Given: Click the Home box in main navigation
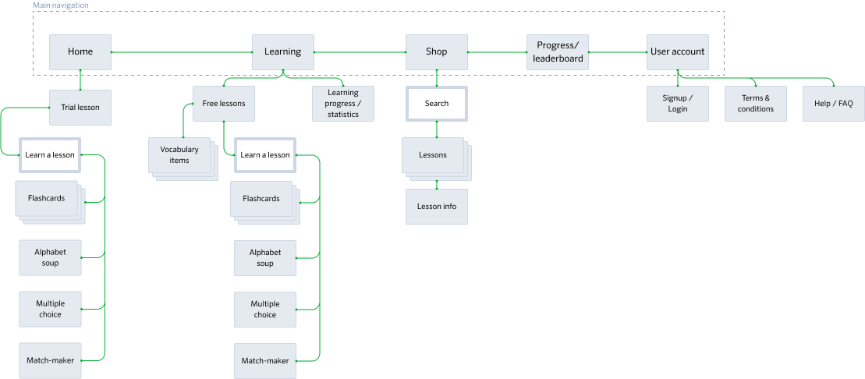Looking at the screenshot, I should [80, 52].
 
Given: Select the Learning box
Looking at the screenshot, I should [282, 52].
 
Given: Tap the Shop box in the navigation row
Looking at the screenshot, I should [436, 52].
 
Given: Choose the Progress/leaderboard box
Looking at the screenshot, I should [557, 52].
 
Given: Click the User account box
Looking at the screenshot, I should [677, 52].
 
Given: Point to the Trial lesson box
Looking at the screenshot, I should [80, 108].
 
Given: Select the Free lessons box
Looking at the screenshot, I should [224, 103].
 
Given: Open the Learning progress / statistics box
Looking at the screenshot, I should [343, 104].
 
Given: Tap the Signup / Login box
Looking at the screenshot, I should [678, 104].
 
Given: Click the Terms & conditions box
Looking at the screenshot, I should [756, 104].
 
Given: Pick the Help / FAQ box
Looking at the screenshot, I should [834, 104].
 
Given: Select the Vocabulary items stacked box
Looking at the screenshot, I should [179, 154].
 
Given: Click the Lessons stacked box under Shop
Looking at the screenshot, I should [433, 155].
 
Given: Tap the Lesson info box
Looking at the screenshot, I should [437, 207].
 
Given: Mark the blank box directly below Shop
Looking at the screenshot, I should [436, 104].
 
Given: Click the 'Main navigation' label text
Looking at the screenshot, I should [61, 5].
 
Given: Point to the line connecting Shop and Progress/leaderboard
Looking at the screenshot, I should [497, 52].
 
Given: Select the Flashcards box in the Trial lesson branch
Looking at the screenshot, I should [46, 198].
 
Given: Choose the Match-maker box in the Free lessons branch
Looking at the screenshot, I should [265, 361].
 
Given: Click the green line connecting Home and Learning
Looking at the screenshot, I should [181, 52].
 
